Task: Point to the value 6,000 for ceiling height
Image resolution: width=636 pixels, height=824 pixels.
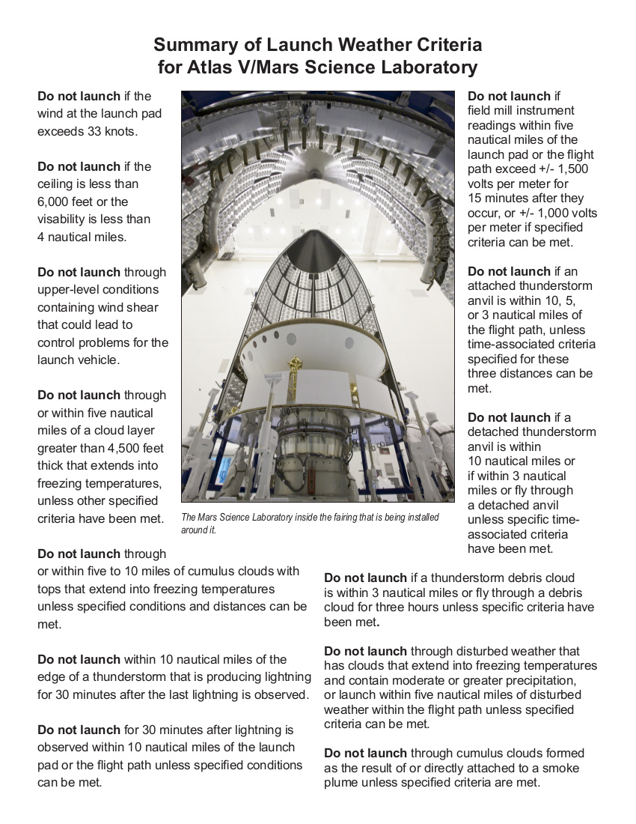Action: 56,202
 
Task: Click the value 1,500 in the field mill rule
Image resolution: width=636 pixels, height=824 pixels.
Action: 571,169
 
